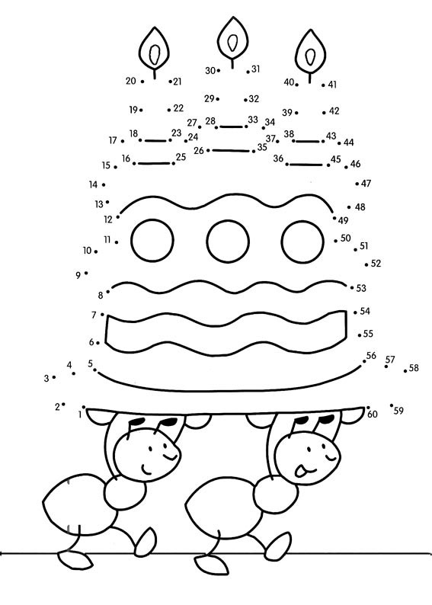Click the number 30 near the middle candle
(210, 71)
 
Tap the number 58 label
(414, 368)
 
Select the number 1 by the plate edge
(80, 415)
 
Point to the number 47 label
(366, 184)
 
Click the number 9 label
(78, 276)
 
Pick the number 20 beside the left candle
(131, 81)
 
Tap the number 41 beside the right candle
(332, 85)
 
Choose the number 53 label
(361, 288)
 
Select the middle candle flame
(232, 40)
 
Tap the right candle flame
(311, 52)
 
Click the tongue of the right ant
(300, 471)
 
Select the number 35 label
(262, 147)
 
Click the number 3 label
(46, 379)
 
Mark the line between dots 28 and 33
(232, 126)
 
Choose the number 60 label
(373, 415)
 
